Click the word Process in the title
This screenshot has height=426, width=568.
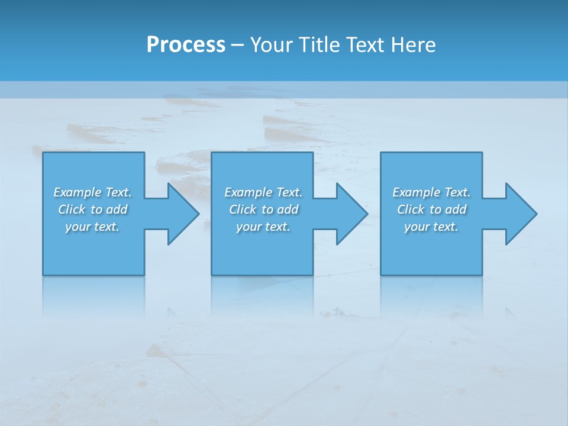186,44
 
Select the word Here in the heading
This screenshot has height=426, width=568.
413,44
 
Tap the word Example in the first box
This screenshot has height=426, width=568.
78,192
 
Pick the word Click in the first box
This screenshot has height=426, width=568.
72,209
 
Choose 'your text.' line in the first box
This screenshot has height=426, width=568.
92,227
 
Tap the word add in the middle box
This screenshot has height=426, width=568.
288,209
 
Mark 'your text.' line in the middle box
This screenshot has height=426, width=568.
263,227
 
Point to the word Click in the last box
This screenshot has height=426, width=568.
411,209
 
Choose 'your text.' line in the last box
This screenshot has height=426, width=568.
431,227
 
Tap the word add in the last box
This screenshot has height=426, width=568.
456,209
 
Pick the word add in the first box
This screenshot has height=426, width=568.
117,209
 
